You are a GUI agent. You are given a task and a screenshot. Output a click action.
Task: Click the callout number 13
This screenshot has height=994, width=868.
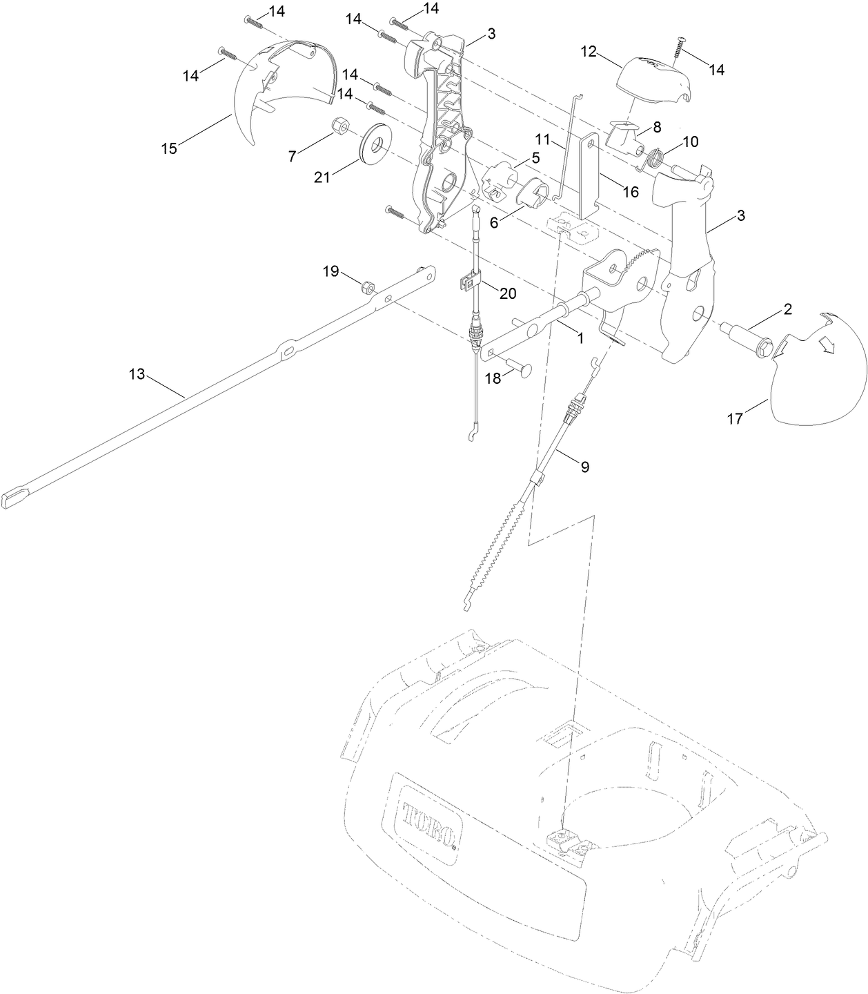137,373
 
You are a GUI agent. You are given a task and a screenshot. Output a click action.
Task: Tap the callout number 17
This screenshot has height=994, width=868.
735,418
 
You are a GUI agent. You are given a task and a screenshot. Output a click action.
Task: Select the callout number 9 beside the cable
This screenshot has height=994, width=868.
584,467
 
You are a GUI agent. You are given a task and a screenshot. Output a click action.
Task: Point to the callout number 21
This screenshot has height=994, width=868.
322,177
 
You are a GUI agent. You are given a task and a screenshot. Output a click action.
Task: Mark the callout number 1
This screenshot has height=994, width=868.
580,338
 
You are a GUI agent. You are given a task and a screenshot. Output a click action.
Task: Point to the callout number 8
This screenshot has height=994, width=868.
656,126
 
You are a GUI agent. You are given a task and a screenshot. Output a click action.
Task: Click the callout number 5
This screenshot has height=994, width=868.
535,157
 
